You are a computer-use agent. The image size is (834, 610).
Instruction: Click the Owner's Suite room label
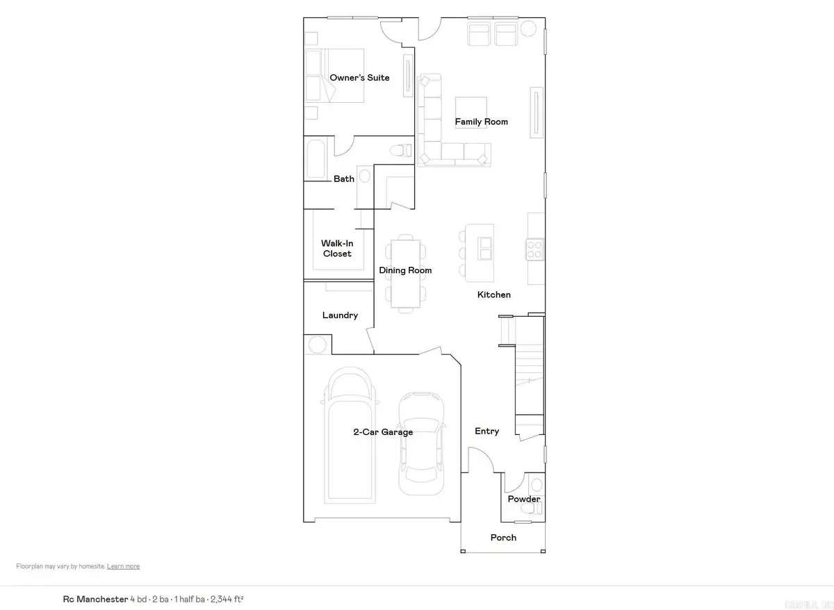pos(359,78)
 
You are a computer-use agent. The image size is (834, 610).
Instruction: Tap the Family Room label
pos(481,122)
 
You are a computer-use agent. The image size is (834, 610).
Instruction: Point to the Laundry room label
pos(340,315)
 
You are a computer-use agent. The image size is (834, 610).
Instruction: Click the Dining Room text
pos(405,270)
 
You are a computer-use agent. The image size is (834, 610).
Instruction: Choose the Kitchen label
pos(493,295)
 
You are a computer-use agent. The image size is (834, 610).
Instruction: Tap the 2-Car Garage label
pos(383,432)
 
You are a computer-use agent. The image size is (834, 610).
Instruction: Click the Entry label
pos(486,431)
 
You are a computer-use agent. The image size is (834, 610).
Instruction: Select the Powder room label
pos(523,500)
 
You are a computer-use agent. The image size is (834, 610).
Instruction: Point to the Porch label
pos(503,538)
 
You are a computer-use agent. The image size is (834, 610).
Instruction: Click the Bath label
pos(344,179)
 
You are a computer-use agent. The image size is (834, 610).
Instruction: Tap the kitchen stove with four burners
pos(534,249)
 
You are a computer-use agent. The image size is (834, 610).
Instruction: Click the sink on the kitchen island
pos(484,247)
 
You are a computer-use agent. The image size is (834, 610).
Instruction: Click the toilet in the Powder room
pos(534,511)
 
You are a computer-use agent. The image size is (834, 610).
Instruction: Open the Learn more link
pos(123,567)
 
